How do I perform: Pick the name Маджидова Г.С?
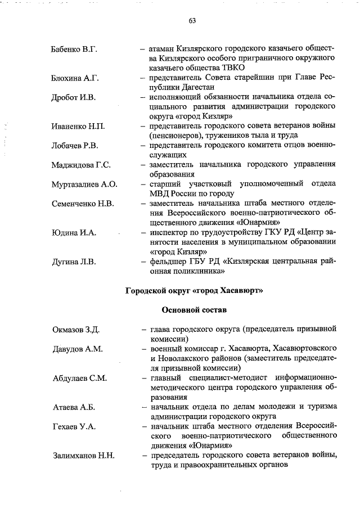(80, 165)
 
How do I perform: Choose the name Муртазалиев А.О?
(84, 184)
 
